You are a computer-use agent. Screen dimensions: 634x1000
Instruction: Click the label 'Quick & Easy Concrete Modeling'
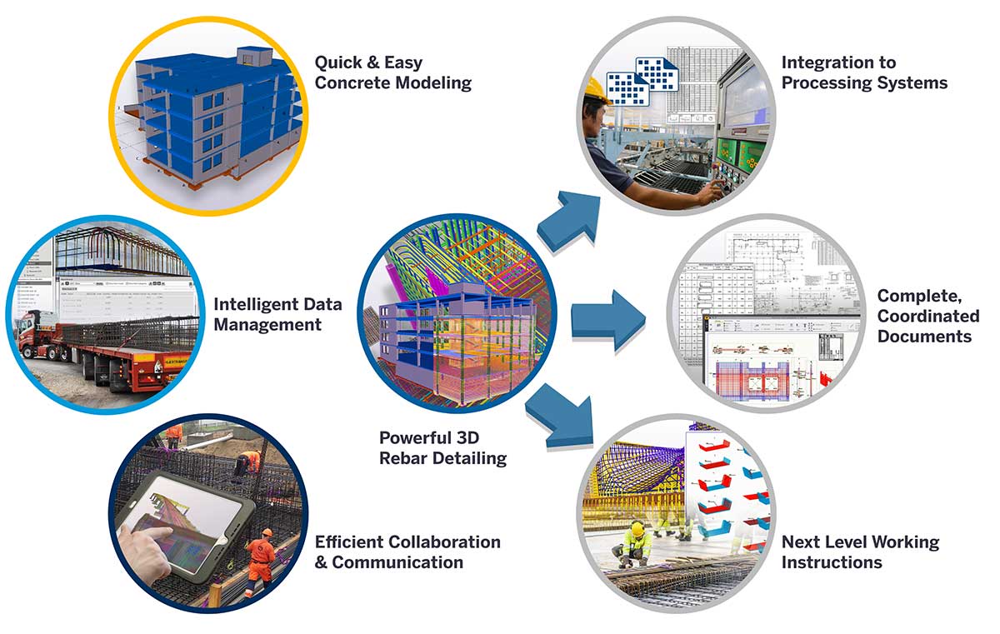coord(392,72)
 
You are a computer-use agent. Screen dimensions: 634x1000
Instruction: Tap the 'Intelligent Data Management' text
coord(277,314)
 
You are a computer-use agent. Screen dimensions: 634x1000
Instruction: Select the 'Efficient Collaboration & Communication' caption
coord(407,552)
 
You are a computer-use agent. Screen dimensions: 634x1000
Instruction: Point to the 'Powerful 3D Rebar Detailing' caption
coord(442,447)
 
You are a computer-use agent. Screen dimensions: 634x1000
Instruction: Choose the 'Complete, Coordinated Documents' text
coord(927,316)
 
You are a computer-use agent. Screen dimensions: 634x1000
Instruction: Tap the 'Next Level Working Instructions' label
coord(860,552)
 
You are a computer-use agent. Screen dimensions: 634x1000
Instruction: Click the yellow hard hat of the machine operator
coord(595,88)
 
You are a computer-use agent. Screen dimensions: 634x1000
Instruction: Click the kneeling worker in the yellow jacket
coord(635,541)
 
